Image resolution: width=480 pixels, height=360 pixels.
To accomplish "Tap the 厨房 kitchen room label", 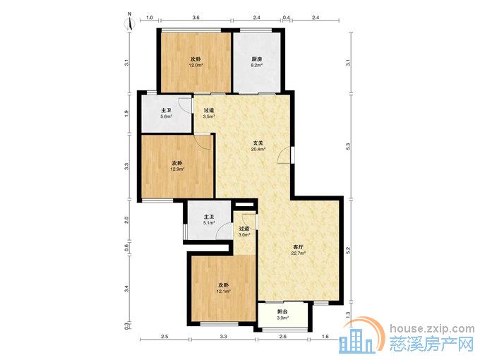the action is tap(256, 60).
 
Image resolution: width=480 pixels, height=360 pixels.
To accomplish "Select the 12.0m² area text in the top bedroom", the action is tap(196, 65).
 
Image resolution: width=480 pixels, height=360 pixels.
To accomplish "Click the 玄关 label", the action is tap(258, 143).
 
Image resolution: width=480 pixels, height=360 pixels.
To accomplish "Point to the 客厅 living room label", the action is tap(298, 247).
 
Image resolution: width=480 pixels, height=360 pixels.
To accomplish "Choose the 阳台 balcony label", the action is tap(282, 312).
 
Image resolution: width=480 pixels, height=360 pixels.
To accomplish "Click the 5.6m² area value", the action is tap(166, 116).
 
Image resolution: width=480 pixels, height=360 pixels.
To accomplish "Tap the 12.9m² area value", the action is tap(177, 169).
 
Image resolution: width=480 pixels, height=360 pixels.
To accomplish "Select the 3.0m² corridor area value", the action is tap(244, 235).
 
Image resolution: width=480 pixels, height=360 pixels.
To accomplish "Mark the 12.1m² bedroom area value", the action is tap(224, 292).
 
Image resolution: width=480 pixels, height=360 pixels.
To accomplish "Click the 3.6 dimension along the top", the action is tap(196, 18).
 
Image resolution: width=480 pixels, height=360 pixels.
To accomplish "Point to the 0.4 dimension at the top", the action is tap(286, 18).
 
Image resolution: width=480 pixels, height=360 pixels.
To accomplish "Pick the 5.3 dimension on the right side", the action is tap(348, 146).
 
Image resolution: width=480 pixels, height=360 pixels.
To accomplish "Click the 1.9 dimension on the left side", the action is tap(127, 113).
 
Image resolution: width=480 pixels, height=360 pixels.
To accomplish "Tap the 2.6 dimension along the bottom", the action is tap(283, 337).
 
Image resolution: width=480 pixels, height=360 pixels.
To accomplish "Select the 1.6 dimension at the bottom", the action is tap(325, 337).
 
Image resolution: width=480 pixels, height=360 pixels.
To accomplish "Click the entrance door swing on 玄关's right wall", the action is tap(284, 155).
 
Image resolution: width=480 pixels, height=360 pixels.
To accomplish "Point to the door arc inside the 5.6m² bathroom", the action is tap(185, 106).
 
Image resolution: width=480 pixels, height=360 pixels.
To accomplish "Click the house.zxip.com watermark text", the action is tap(432, 329).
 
